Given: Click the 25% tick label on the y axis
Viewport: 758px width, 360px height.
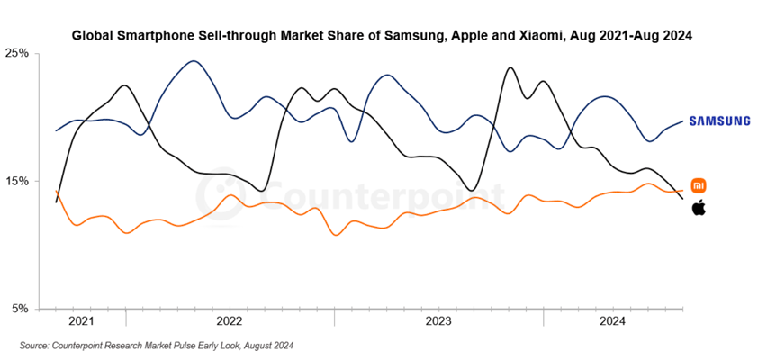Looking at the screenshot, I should click(x=19, y=53).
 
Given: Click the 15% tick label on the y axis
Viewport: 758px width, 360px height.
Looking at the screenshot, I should click(x=19, y=181).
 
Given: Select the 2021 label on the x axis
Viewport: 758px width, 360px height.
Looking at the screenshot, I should click(x=81, y=320).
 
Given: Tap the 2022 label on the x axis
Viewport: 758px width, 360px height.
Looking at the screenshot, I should click(x=230, y=320).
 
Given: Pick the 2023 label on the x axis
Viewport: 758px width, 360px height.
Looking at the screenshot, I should click(x=438, y=320).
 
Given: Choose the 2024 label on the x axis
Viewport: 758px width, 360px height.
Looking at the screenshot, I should click(x=613, y=320).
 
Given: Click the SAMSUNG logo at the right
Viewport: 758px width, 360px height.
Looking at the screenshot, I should click(x=719, y=121).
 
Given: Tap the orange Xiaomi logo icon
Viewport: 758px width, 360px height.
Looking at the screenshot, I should click(x=699, y=186).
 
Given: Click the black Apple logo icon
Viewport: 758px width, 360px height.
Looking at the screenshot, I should click(x=699, y=209).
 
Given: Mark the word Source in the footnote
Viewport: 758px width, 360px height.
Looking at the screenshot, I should click(x=36, y=346).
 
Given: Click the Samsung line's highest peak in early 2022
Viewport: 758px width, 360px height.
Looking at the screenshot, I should click(x=194, y=61).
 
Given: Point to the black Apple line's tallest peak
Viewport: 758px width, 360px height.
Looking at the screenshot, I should click(x=510, y=67).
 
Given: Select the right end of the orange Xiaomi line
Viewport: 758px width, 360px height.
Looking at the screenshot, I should click(x=681, y=191).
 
